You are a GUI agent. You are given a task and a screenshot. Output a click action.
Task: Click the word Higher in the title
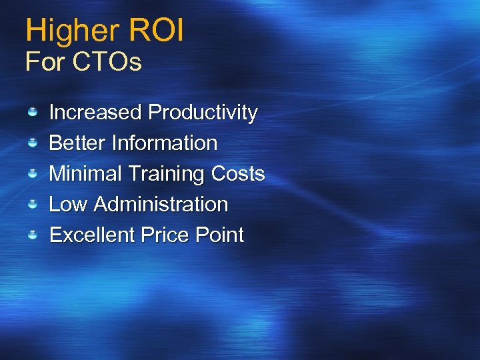coord(70,31)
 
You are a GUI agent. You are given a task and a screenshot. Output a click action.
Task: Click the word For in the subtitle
coord(44,62)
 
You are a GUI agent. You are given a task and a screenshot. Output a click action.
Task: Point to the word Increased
coord(96,112)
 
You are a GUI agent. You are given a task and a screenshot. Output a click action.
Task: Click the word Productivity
coord(203,113)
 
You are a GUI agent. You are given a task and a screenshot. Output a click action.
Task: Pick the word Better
coord(78,143)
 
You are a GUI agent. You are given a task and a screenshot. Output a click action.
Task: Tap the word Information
coord(165,143)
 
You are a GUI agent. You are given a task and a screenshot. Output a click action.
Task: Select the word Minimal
coord(85,173)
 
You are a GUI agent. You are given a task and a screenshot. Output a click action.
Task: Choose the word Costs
coord(238,173)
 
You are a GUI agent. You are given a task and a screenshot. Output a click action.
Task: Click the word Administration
coord(161,204)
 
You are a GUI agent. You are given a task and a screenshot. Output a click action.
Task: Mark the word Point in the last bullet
coord(220,235)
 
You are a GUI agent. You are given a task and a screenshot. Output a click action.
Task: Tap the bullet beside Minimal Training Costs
coord(32,173)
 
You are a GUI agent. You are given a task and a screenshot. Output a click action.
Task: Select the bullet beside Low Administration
coord(32,204)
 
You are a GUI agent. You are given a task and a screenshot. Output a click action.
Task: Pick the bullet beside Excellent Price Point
coord(32,235)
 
